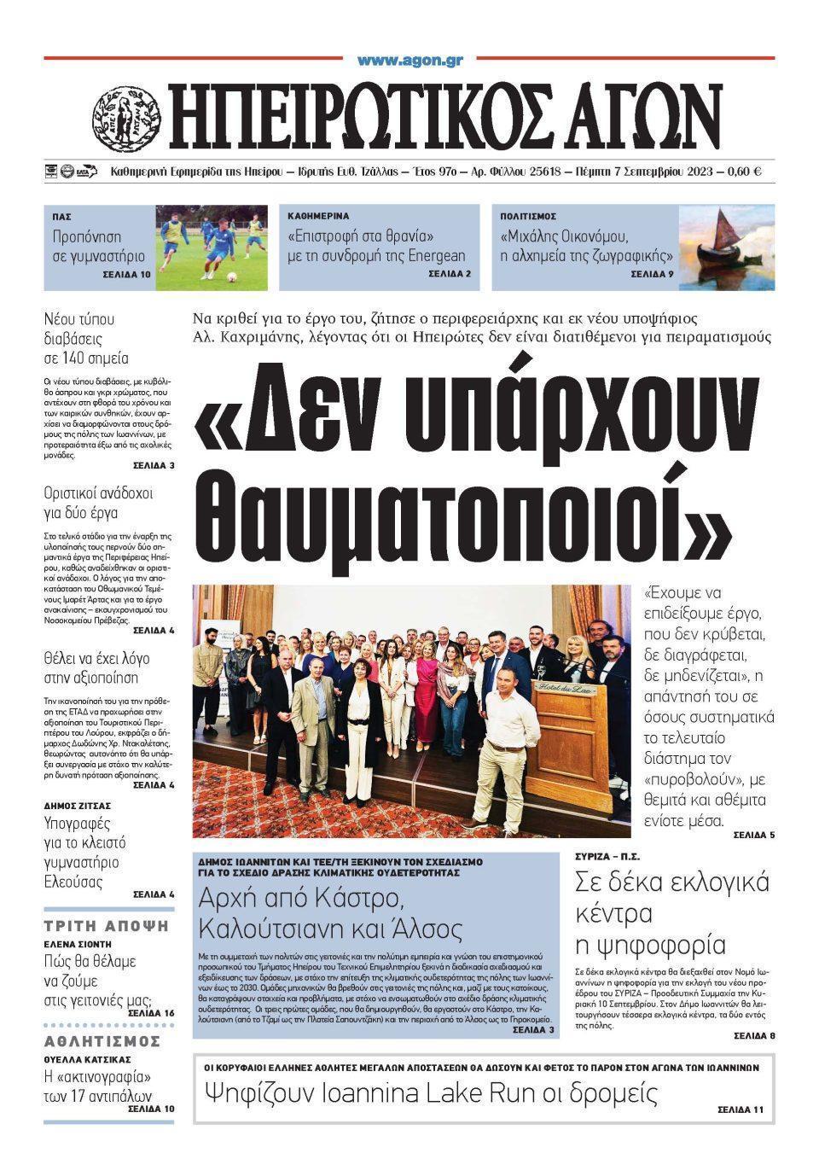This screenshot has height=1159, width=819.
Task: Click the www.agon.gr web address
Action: click(409, 61)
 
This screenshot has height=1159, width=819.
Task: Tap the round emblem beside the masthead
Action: click(126, 116)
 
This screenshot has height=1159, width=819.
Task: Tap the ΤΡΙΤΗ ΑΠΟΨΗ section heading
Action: click(107, 926)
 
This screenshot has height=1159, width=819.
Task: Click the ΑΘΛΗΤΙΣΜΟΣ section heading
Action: click(102, 1041)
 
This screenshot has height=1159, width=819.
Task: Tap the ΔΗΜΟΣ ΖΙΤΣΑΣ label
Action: click(78, 805)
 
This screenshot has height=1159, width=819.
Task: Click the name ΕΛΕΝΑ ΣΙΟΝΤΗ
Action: click(78, 945)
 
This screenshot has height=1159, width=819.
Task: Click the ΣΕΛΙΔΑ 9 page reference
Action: click(652, 274)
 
